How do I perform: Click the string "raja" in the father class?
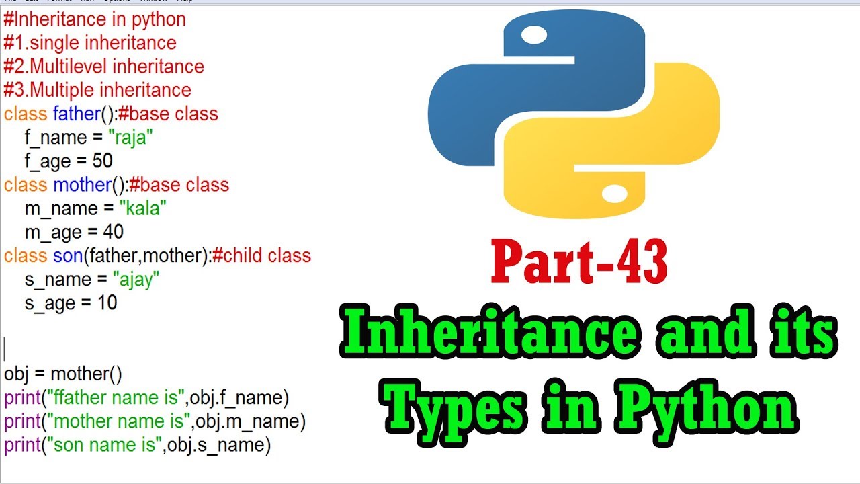[130, 137]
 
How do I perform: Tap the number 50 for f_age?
[102, 160]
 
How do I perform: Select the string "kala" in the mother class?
[143, 208]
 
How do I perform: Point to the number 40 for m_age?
[113, 232]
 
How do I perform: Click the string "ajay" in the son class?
[136, 280]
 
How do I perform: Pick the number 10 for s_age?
[107, 302]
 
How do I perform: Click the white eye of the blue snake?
[534, 35]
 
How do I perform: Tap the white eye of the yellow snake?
[615, 193]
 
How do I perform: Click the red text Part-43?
[579, 261]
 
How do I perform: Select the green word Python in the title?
[705, 407]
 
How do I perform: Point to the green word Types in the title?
[453, 407]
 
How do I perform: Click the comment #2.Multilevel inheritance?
[103, 66]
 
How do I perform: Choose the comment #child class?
[261, 255]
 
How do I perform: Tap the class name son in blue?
[68, 256]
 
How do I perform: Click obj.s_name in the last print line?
[216, 445]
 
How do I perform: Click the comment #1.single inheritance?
[90, 42]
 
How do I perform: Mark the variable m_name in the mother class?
[61, 209]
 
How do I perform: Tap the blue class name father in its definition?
[77, 114]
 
